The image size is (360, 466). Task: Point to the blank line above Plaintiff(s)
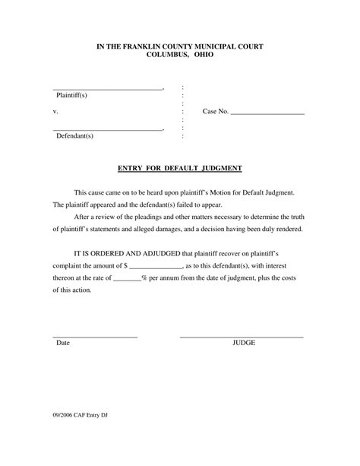[x=107, y=89]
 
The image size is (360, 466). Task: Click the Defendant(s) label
[x=74, y=136]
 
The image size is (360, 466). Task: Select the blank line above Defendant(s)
[x=107, y=130]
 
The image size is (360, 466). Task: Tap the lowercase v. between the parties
[x=55, y=112]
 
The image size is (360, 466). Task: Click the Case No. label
[x=216, y=112]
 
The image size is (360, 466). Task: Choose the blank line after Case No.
[x=267, y=113]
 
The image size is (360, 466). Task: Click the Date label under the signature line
[x=62, y=343]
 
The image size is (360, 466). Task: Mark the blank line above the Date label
[x=95, y=336]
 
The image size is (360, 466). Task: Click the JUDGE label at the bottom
[x=243, y=343]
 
